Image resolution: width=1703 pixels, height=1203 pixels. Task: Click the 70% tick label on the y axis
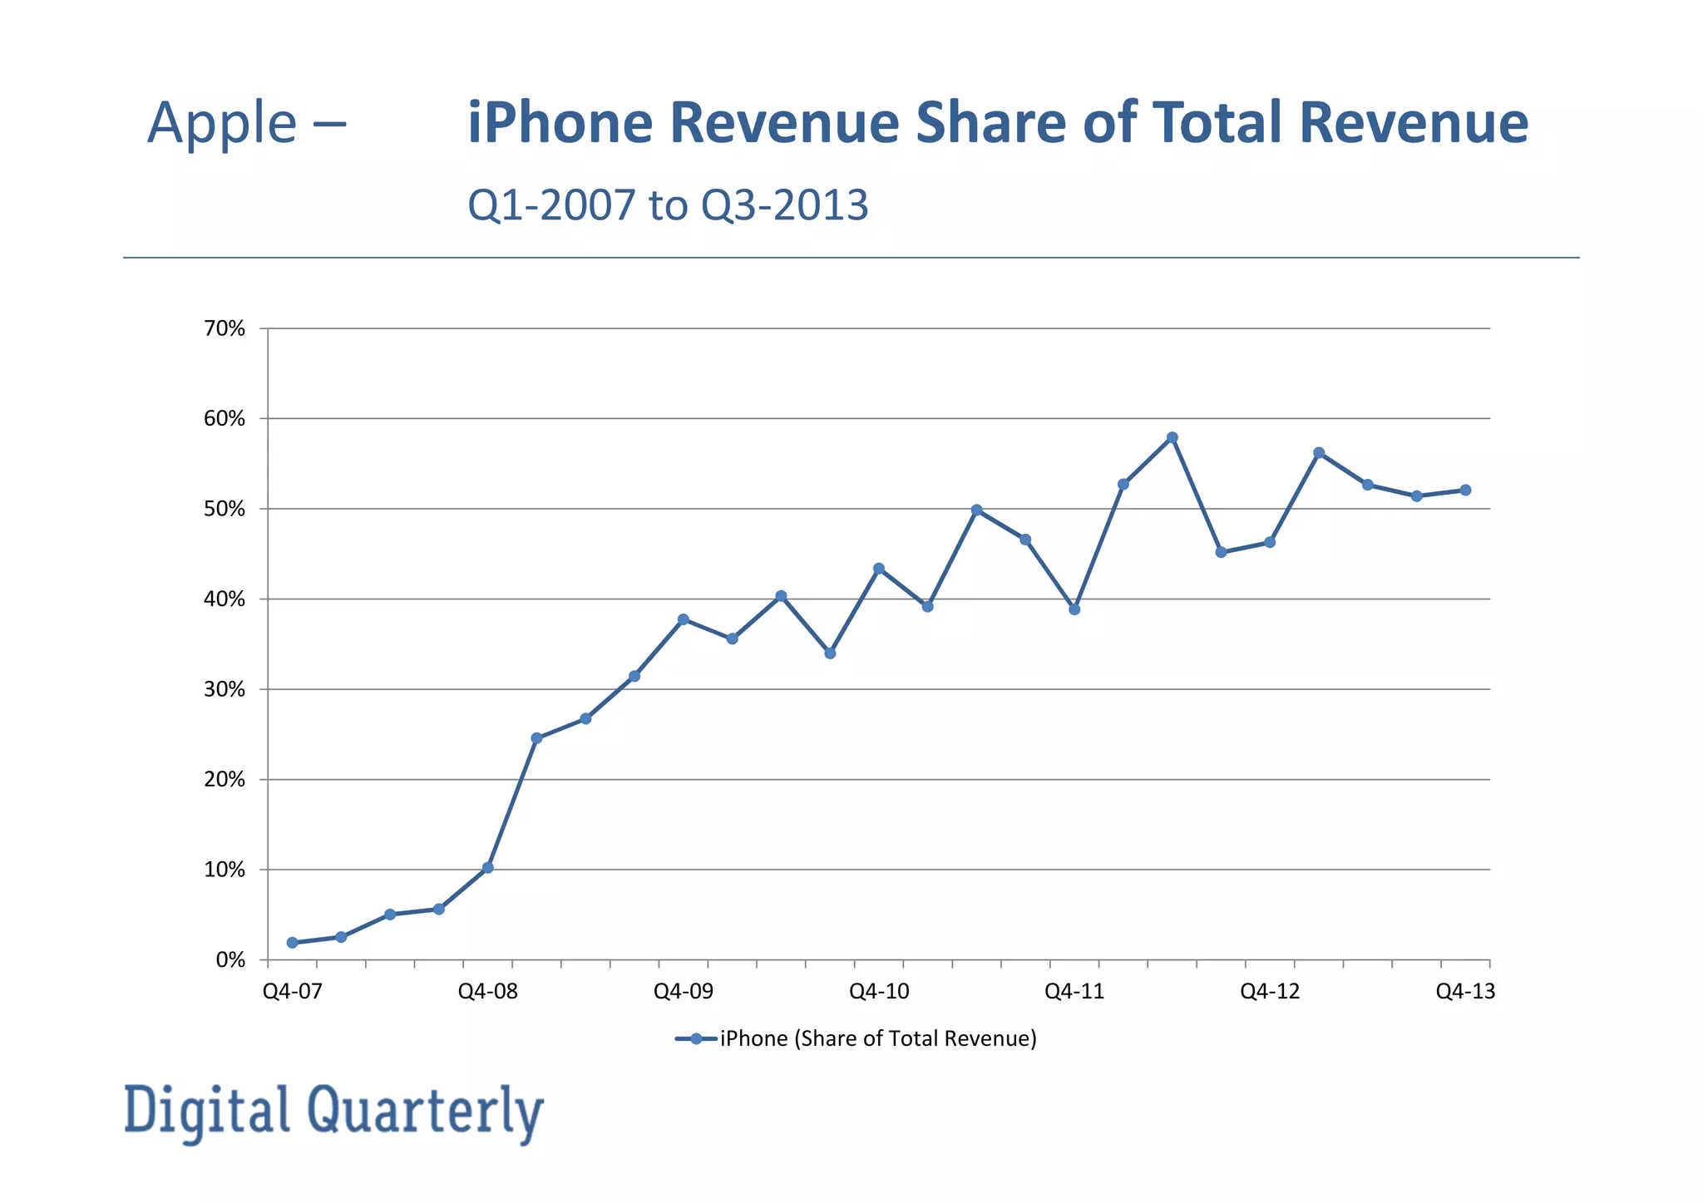(225, 329)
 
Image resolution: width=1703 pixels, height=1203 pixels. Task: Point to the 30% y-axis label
(225, 690)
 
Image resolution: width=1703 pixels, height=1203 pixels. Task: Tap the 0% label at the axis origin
(230, 960)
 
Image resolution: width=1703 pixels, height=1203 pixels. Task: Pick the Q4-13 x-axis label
(1465, 991)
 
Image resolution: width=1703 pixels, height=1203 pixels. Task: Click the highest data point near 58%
(1172, 437)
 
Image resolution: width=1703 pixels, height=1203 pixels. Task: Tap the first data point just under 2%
(292, 943)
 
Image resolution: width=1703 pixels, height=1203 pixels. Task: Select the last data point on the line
(1465, 491)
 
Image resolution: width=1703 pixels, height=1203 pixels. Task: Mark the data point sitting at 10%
(488, 867)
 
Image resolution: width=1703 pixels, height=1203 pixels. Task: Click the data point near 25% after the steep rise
(536, 738)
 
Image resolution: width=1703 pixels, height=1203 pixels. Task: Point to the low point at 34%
(830, 653)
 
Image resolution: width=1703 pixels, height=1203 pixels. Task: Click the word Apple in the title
(222, 123)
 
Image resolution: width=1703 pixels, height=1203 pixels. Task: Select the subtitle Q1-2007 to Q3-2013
(668, 205)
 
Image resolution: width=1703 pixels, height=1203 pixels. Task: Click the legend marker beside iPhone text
(695, 1038)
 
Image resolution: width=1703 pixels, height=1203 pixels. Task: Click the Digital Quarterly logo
(333, 1112)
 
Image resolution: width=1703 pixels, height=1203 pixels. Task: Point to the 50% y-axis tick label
(225, 509)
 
